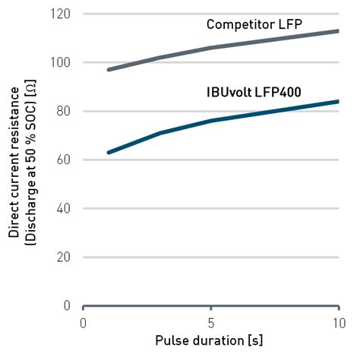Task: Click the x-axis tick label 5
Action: (210, 322)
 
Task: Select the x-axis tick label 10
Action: (336, 322)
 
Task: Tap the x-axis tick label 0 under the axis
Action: (84, 322)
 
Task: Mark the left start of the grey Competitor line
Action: (109, 69)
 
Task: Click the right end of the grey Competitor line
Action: (338, 31)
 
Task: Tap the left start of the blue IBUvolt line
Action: (109, 153)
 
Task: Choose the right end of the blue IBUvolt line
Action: (338, 102)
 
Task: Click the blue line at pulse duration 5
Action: (210, 121)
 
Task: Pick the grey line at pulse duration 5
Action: (210, 48)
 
